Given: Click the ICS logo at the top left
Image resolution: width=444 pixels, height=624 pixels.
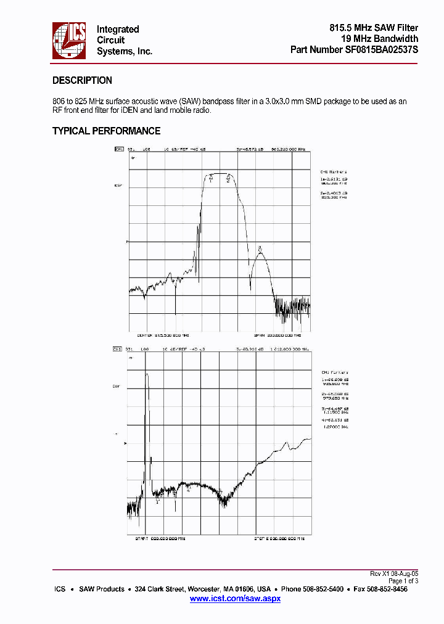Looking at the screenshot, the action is click(69, 41).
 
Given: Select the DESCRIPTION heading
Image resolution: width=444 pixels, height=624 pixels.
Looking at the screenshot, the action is click(82, 81).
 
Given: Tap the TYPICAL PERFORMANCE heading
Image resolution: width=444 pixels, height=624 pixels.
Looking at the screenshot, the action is click(106, 131).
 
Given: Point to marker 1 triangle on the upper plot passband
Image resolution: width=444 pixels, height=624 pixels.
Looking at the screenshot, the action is click(210, 178).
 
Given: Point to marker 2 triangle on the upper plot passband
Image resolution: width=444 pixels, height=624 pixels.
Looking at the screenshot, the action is click(228, 178).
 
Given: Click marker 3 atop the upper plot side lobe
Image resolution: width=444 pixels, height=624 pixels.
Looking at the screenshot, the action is click(260, 249).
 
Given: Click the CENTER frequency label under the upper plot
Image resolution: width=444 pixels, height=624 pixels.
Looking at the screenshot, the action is click(160, 335).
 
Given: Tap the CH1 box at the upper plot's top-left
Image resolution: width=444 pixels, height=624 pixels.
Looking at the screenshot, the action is click(118, 149).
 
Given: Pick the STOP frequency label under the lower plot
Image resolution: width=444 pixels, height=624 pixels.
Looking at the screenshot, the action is click(279, 538).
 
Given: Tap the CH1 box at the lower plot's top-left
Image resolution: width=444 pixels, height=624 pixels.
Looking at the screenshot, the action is click(117, 350).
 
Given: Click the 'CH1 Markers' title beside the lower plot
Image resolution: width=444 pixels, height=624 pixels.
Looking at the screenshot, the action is click(334, 372).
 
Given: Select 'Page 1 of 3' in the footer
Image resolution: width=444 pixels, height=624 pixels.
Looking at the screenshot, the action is click(403, 581).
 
